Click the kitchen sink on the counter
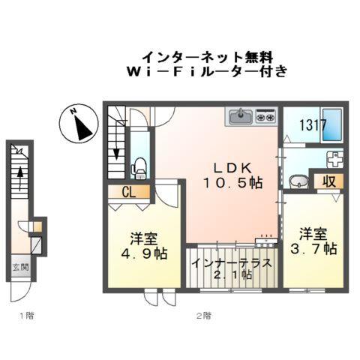click(x=241, y=115)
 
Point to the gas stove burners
click(x=265, y=116)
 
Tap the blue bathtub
click(x=333, y=125)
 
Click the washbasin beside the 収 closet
click(x=298, y=181)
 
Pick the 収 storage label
click(x=328, y=181)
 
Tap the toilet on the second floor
click(x=139, y=165)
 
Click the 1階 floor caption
click(x=26, y=316)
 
